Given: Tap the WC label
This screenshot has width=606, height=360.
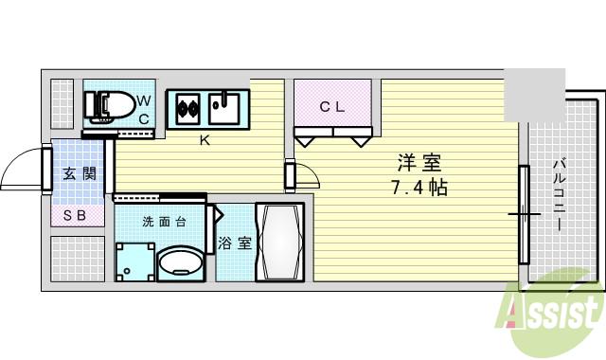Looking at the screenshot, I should coord(143,109).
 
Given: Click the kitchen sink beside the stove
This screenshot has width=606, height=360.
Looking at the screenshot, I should coord(225,108).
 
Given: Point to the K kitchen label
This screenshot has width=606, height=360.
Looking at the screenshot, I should coord(204,141).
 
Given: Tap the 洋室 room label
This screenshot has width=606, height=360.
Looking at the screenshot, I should coord(419,163).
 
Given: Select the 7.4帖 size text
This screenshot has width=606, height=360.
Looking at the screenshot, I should coord(419,188).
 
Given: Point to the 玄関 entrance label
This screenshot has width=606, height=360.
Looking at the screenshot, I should coord(80,173).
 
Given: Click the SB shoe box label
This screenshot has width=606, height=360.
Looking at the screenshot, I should coord(75,216).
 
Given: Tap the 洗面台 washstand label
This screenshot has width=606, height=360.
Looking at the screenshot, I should coord(163,223).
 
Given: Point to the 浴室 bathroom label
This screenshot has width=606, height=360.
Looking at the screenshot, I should coord(235,243).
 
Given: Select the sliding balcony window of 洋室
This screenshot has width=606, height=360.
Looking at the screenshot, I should coord(523,214).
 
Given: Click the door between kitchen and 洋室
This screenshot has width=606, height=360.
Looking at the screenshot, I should coord(290,176).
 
